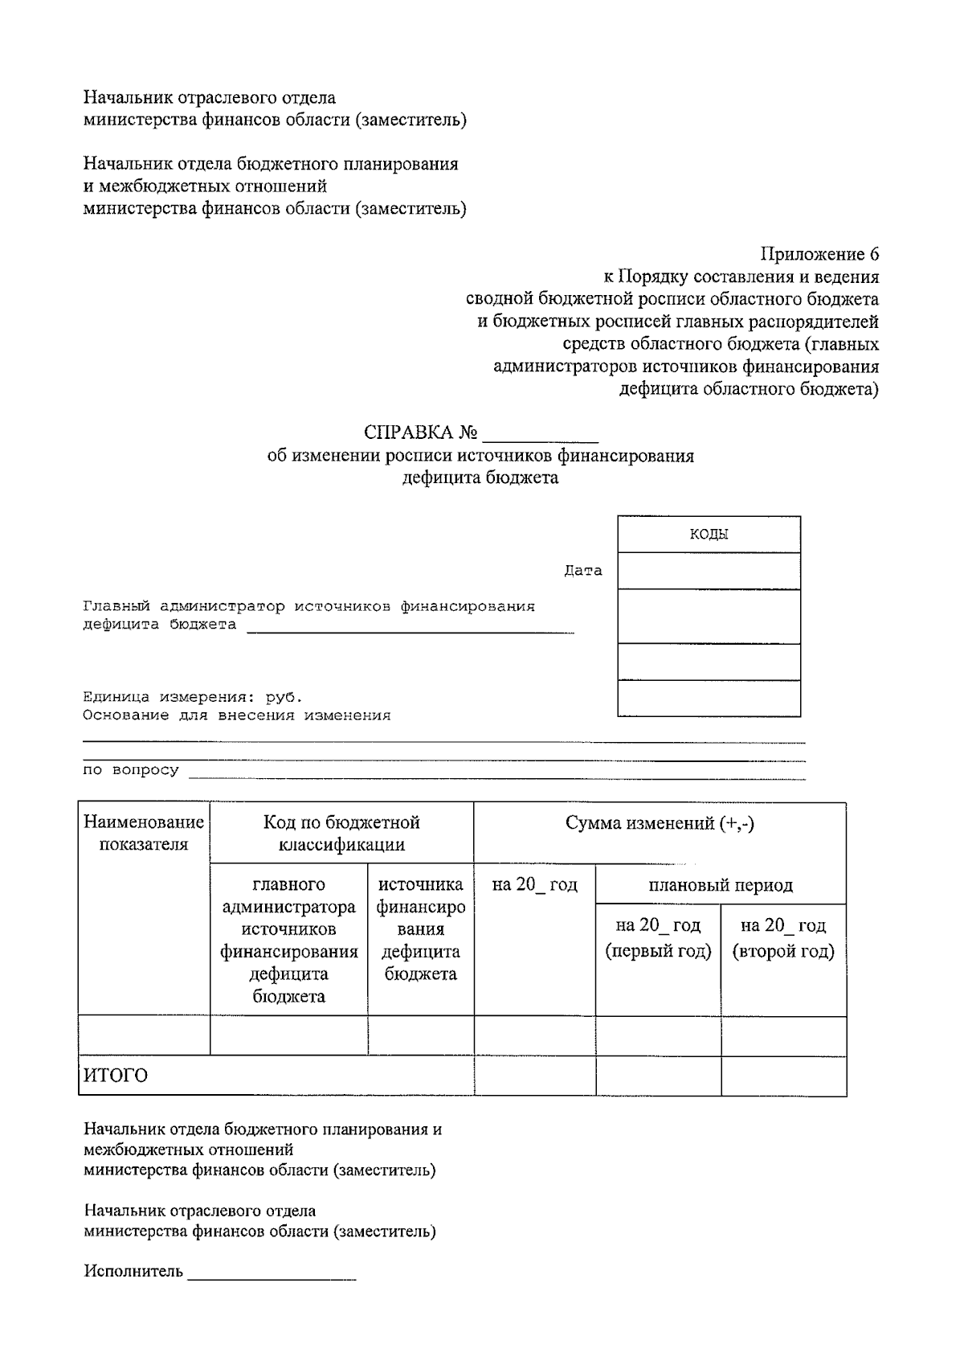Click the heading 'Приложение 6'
pos(819,255)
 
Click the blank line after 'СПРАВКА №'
pos(540,434)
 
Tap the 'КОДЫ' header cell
pos(709,535)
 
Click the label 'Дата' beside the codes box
pos(583,571)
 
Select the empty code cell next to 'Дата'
pos(709,571)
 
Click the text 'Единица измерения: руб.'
pos(193,697)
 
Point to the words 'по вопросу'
pos(131,770)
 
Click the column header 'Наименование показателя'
pos(144,833)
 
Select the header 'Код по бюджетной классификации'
pos(341,833)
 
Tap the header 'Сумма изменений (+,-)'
pos(660,823)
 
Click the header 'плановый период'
pos(721,885)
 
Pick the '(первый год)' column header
pos(658,938)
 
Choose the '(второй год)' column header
pos(783,938)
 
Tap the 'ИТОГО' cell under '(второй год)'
pos(783,1076)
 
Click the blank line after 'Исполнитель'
pos(272,1274)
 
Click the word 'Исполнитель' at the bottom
pos(133,1272)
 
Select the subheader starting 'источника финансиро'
pos(421,928)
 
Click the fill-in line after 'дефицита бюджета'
pos(410,627)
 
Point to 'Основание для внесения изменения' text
pos(237,715)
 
